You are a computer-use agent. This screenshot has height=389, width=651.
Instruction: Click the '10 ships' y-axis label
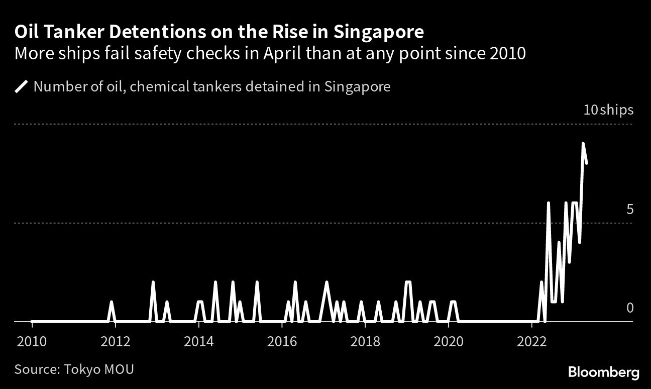coord(608,110)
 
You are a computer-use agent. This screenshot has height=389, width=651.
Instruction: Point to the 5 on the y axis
coord(630,209)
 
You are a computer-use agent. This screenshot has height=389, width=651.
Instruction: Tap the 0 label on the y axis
coord(630,308)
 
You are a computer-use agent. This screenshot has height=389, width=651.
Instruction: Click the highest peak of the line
coord(583,144)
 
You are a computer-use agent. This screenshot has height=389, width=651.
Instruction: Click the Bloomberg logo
coord(603,372)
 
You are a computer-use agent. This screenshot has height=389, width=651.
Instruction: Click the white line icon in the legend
coord(21,87)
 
